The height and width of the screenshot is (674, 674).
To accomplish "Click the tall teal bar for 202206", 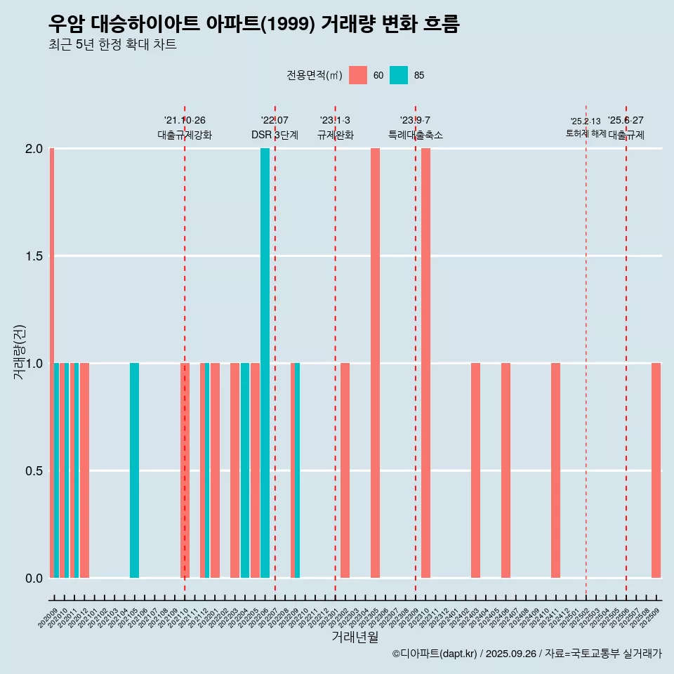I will [x=265, y=363].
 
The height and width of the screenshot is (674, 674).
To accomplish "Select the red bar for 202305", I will [x=375, y=363].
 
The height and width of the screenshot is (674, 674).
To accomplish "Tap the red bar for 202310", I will [x=425, y=363].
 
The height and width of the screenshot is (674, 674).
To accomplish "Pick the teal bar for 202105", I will [x=134, y=470].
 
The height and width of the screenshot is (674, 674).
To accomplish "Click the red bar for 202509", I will [x=656, y=470].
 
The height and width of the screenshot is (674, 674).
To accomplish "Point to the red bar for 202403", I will [x=475, y=470].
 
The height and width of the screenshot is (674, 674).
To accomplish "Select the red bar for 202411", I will [x=555, y=470].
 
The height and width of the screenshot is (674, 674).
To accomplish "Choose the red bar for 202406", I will [x=505, y=470].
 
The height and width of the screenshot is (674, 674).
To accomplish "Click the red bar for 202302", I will [x=345, y=470].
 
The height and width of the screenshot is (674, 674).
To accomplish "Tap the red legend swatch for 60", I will [x=358, y=75].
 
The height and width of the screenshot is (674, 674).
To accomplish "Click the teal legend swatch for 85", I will [x=399, y=75].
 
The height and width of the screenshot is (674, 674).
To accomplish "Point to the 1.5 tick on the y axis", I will [x=34, y=256].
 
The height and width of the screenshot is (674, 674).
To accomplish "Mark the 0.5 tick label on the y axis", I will [x=34, y=471].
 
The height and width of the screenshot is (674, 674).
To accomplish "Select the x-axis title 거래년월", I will [x=355, y=637].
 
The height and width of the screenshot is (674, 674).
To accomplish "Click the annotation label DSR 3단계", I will [x=275, y=135].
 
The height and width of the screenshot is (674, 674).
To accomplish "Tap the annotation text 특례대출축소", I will [x=415, y=135].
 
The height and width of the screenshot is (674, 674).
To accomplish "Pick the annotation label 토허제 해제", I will [x=586, y=133].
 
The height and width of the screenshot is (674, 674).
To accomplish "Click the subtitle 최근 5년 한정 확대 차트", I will [x=112, y=45].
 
